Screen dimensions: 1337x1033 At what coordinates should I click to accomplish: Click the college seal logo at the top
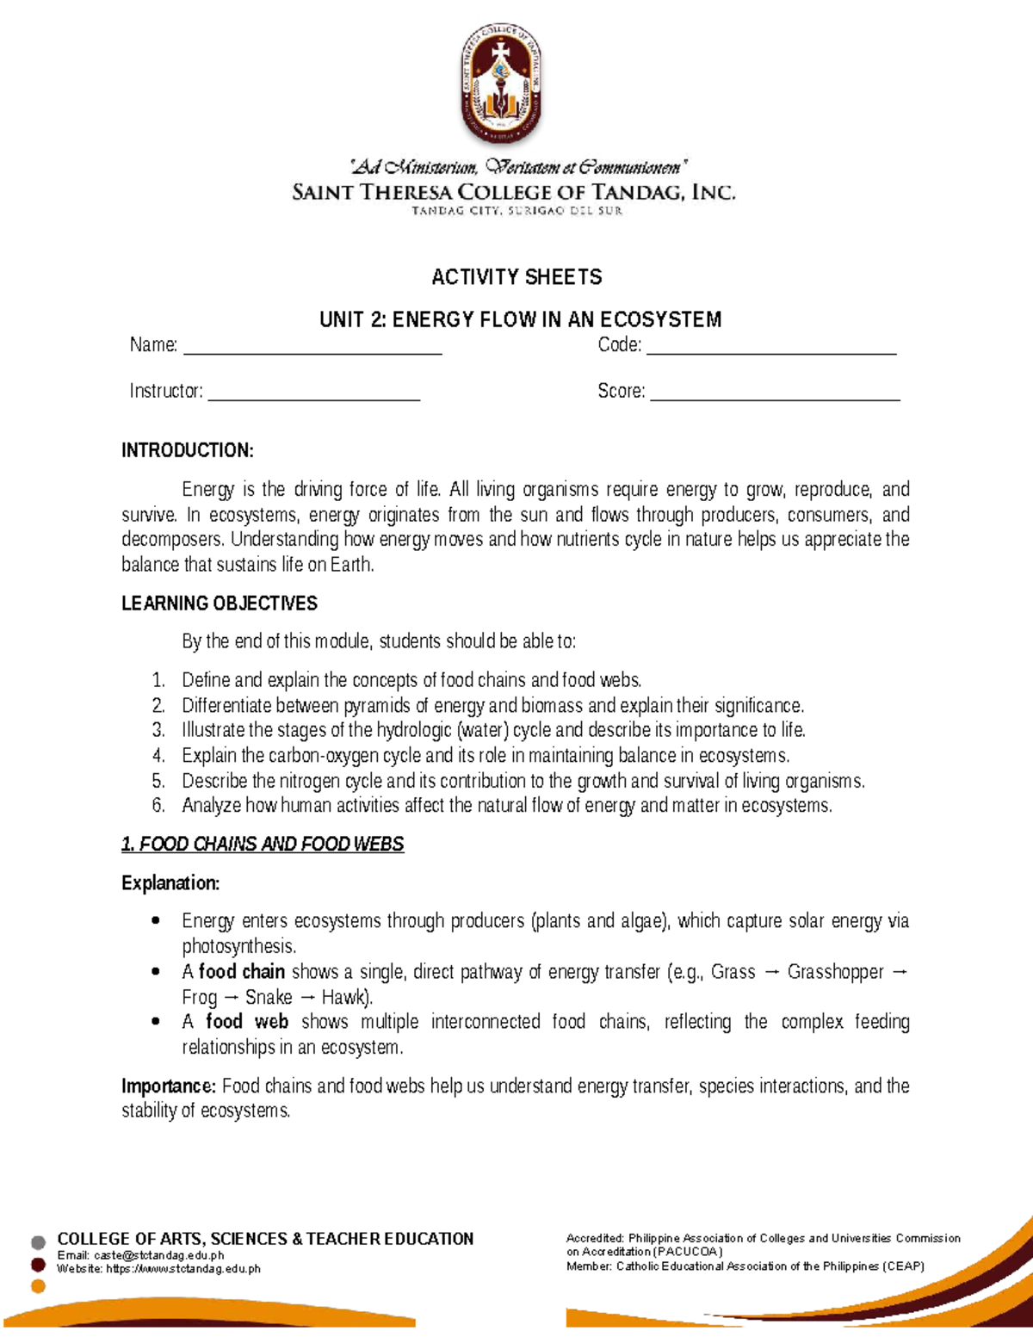click(500, 84)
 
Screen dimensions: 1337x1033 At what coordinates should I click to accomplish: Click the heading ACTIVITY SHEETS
click(516, 277)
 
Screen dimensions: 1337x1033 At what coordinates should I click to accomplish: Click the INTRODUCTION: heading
click(188, 450)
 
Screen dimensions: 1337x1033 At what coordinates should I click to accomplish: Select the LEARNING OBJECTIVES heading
click(220, 604)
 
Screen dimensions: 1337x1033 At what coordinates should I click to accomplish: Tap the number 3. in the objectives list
click(158, 730)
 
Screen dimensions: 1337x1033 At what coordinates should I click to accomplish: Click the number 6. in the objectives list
click(158, 806)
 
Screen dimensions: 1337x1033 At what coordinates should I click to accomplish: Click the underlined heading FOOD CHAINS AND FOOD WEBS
click(271, 844)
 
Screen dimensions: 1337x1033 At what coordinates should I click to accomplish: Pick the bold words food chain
click(242, 972)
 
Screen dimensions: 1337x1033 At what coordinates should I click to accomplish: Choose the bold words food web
click(247, 1022)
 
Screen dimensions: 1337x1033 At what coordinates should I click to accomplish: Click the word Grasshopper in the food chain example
click(835, 972)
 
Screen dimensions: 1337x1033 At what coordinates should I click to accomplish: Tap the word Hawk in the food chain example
click(344, 997)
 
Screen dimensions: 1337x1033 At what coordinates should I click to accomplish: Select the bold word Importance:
click(169, 1086)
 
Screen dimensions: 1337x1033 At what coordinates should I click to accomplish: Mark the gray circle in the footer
click(38, 1242)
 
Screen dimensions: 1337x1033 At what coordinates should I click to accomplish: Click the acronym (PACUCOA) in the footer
click(688, 1252)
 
